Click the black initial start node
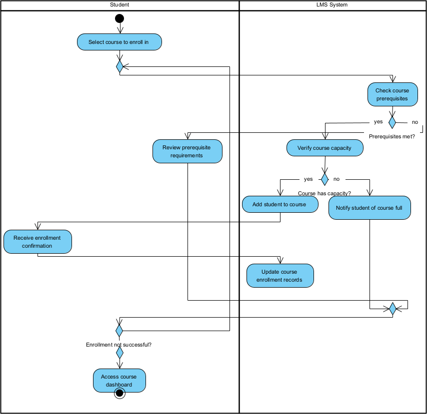tap(119, 18)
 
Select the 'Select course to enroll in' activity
tap(119, 42)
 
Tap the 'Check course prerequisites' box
tap(392, 94)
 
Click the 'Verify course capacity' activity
tap(324, 148)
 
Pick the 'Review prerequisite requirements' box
tap(187, 151)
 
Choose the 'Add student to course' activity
tap(280, 204)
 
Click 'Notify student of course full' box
tap(369, 208)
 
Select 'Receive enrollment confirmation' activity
tap(37, 242)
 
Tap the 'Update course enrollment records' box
tap(280, 276)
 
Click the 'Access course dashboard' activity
tap(119, 380)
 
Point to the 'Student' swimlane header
tap(119, 5)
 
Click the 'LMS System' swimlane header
tap(332, 5)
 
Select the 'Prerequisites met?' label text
tap(391, 136)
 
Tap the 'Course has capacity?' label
tap(324, 193)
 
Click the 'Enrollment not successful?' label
tap(119, 345)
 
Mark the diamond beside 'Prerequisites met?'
tap(392, 121)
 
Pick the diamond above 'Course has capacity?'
tap(324, 179)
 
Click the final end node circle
tap(119, 394)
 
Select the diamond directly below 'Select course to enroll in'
tap(119, 66)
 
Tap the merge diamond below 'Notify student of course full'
tap(392, 309)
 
